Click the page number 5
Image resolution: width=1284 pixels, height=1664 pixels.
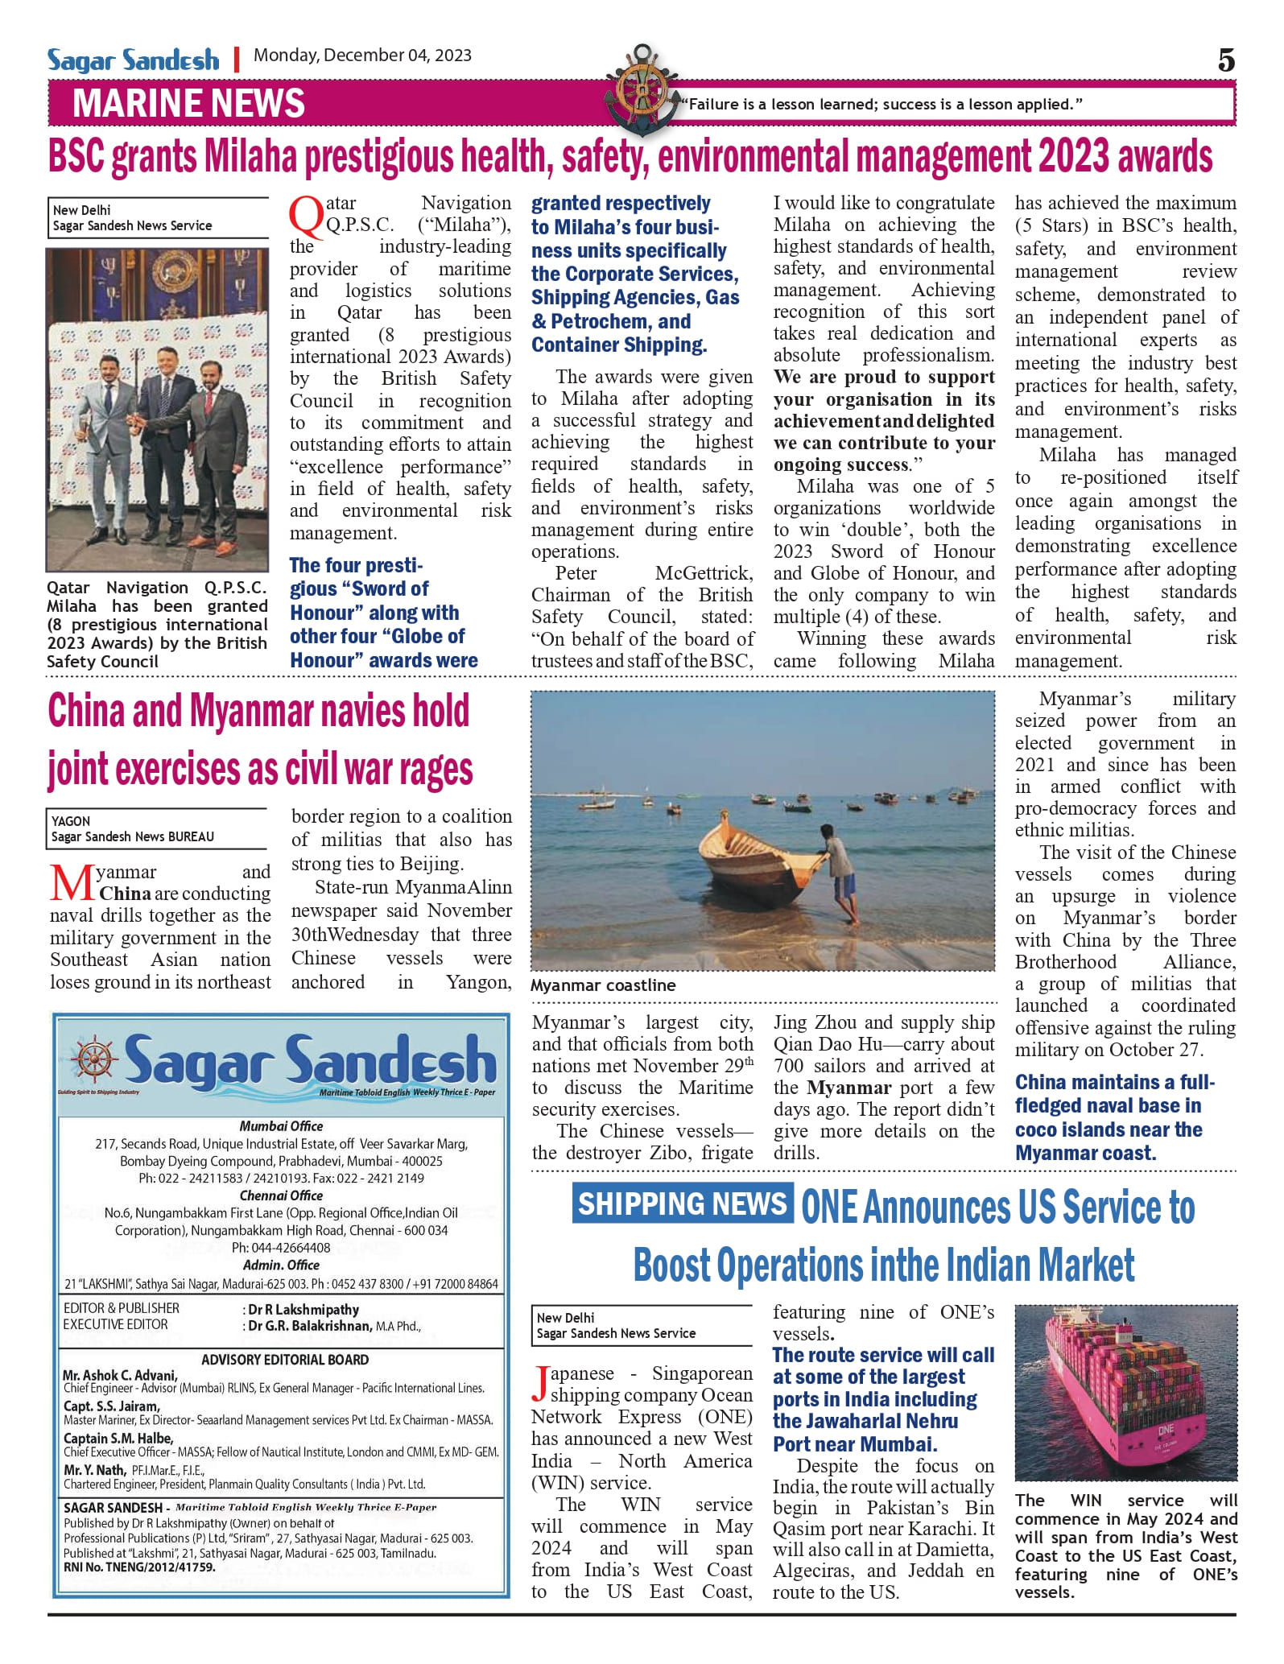tap(1225, 60)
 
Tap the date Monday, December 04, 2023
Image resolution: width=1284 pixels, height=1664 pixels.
tap(362, 56)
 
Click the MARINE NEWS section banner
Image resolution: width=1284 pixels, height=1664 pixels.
tap(188, 104)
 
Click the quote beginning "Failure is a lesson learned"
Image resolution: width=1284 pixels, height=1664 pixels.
tap(881, 104)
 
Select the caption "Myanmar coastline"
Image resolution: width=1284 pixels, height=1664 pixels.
tap(603, 985)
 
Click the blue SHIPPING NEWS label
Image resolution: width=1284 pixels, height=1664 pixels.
tap(682, 1204)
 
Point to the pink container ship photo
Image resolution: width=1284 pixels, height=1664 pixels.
tap(1125, 1392)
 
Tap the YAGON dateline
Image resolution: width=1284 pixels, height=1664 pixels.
tap(71, 821)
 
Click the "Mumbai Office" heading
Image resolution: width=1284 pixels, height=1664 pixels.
tap(281, 1126)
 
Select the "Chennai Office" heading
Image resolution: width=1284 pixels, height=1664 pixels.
tap(281, 1195)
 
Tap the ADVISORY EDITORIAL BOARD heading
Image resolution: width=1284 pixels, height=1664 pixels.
tap(285, 1360)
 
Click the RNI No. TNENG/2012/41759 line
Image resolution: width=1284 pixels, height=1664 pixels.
tap(139, 1567)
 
